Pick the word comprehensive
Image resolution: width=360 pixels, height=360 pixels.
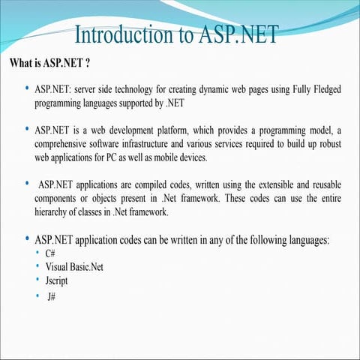pos(64,144)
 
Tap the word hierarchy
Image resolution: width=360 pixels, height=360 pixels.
pos(53,212)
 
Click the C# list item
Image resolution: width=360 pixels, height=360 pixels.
pos(50,253)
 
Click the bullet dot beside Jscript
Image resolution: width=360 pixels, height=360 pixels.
pos(37,280)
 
